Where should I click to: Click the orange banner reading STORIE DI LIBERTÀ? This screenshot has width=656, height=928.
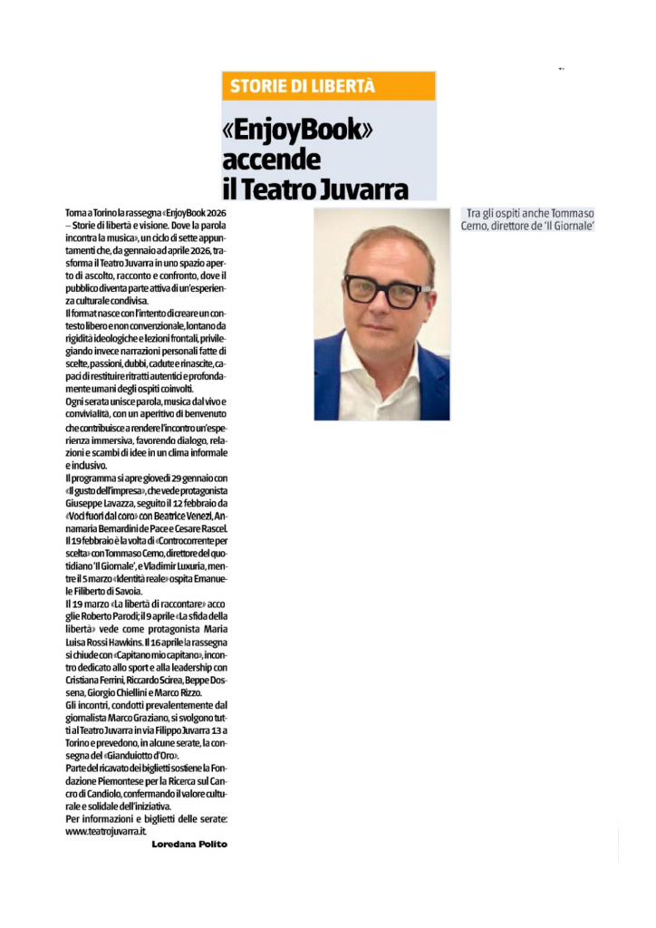click(x=328, y=87)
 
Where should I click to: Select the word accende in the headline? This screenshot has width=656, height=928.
click(x=272, y=159)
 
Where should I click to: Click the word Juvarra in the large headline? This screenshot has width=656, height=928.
click(x=362, y=188)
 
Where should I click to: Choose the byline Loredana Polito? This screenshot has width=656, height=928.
click(x=188, y=844)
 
